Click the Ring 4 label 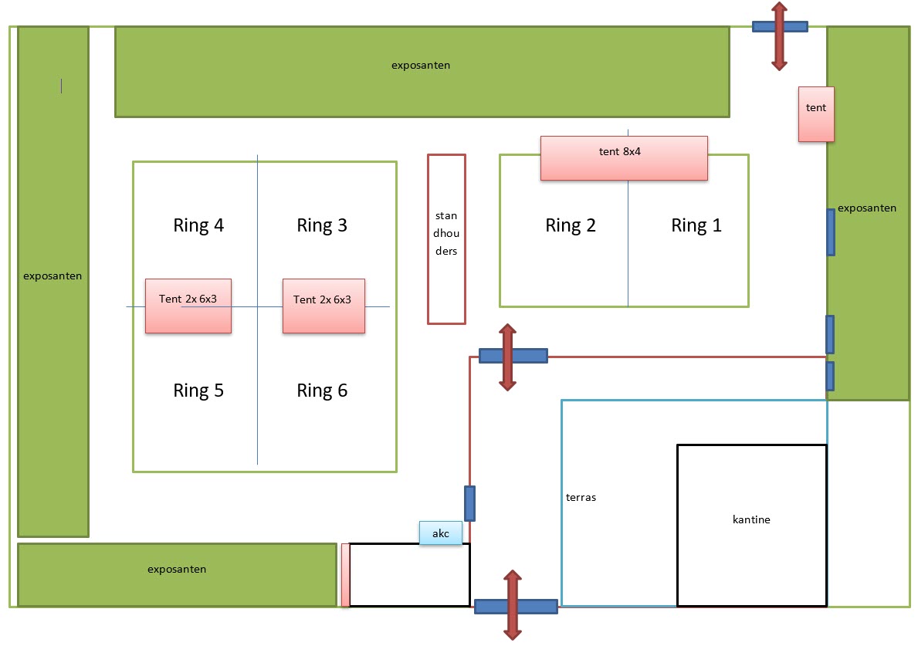(198, 225)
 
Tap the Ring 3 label (322, 225)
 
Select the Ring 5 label (198, 391)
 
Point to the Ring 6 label (322, 391)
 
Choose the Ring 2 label (571, 225)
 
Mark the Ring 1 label (696, 225)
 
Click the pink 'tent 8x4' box (624, 158)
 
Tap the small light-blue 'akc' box (440, 533)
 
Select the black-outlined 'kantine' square (751, 525)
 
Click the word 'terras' (581, 497)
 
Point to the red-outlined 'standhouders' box (446, 238)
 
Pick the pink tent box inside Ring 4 (188, 306)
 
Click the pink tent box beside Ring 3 (324, 306)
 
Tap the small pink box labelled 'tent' (816, 114)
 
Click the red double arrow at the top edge (779, 36)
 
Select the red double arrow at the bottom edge (512, 605)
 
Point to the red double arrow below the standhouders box (507, 357)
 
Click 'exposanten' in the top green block (421, 66)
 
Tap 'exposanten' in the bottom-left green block (177, 570)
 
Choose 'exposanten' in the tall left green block (53, 276)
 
